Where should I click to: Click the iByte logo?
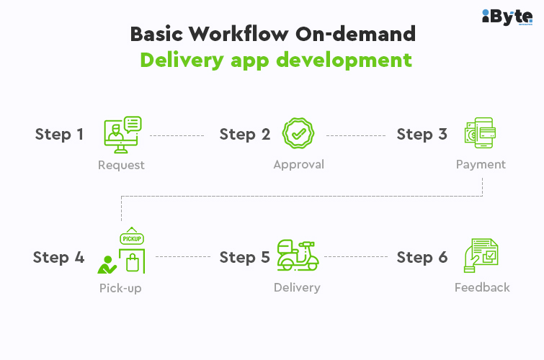[x=507, y=17]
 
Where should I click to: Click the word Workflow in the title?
[x=238, y=34]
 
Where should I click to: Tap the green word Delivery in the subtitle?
[x=182, y=60]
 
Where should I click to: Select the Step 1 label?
[x=59, y=134]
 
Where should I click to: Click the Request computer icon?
[x=122, y=135]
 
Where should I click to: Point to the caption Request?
[x=121, y=165]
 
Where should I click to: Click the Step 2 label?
[x=245, y=134]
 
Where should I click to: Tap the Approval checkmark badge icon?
[x=298, y=133]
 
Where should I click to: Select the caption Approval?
[x=299, y=164]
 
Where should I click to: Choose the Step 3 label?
[x=422, y=134]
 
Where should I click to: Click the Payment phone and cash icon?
[x=480, y=132]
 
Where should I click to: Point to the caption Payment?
[x=481, y=164]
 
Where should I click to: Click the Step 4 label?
[x=58, y=257]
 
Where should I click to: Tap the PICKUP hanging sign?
[x=132, y=236]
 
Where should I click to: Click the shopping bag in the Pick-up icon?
[x=133, y=263]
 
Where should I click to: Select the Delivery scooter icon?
[x=298, y=255]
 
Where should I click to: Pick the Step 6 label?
[x=422, y=257]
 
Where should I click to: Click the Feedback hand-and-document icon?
[x=481, y=256]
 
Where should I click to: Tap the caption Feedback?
[x=482, y=287]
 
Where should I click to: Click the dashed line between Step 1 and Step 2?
[x=177, y=135]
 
